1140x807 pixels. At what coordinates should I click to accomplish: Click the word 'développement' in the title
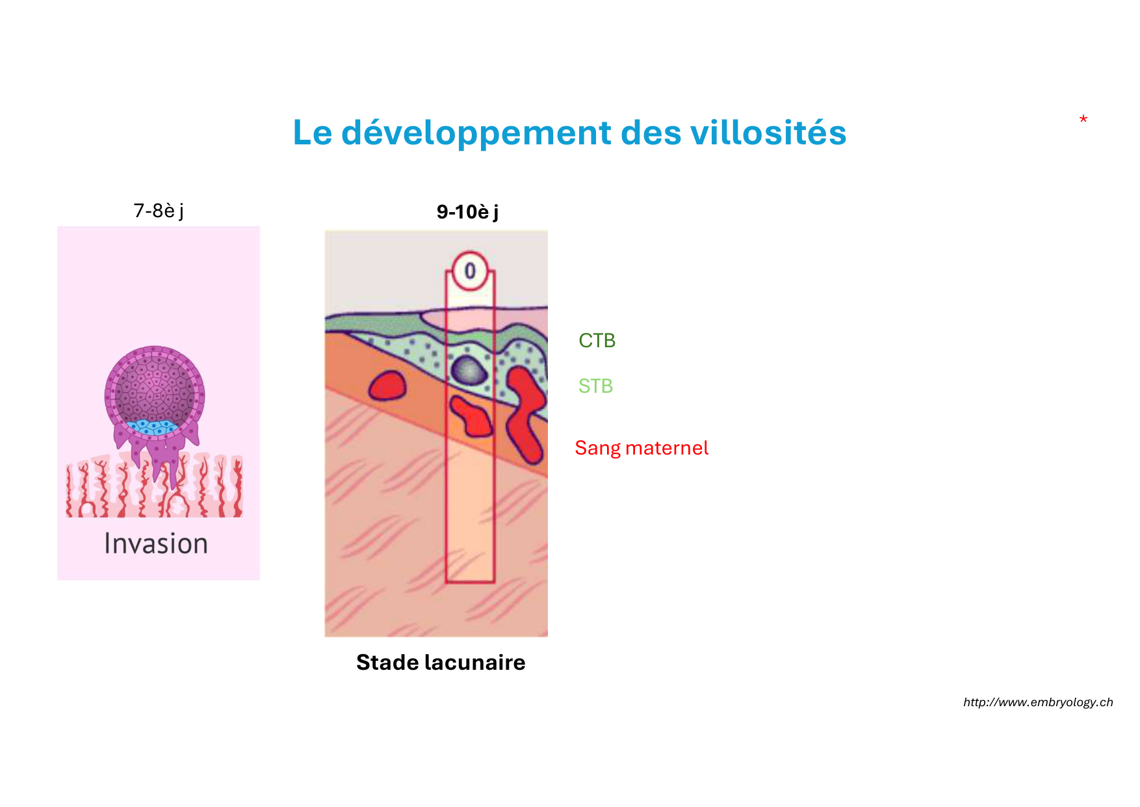point(476,134)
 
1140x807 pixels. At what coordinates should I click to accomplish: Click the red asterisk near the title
point(1083,120)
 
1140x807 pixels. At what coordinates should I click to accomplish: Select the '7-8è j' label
point(159,211)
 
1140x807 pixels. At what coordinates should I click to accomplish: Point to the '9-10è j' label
point(468,213)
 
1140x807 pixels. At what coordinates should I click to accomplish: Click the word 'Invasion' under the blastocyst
point(156,544)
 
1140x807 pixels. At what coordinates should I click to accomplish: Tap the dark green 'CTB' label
point(597,340)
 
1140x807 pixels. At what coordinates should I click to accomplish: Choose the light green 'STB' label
point(596,386)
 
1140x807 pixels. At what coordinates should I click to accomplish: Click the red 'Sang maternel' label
point(641,448)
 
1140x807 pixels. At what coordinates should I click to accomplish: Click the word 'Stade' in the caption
point(387,663)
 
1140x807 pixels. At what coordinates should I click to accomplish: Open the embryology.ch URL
point(1038,702)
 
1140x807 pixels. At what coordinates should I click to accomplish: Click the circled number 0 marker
point(470,271)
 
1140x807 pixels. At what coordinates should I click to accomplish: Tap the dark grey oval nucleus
point(469,371)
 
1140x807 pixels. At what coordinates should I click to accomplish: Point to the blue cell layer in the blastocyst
point(153,427)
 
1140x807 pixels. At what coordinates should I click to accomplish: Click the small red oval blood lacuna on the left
point(387,386)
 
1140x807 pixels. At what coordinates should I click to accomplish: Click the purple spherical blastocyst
point(155,393)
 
